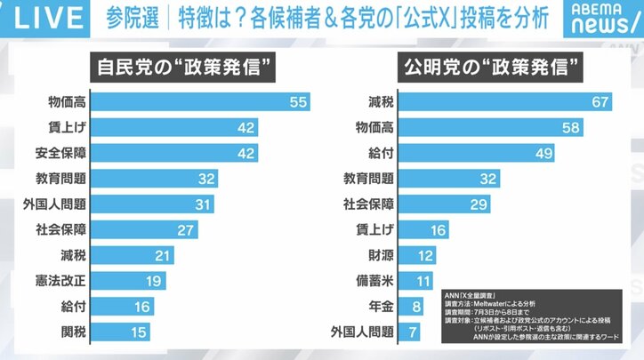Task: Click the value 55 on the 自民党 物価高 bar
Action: (298, 102)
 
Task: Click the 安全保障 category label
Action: (59, 152)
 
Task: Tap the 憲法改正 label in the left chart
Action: (59, 280)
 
